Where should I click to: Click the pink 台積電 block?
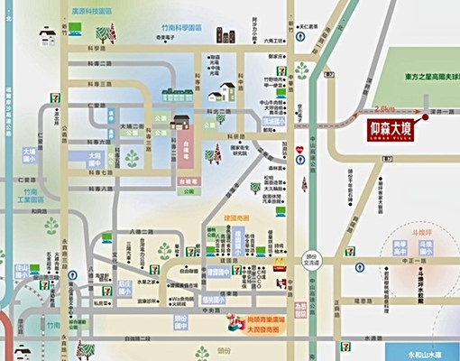point(184,144)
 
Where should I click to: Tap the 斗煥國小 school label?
point(418,270)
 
